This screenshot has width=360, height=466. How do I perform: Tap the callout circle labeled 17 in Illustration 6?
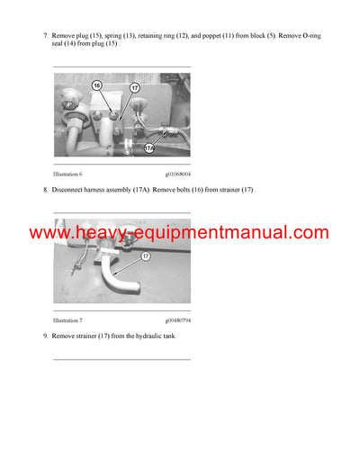click(x=133, y=88)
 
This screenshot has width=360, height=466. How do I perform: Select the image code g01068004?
click(x=178, y=173)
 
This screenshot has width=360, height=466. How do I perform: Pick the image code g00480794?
click(x=178, y=319)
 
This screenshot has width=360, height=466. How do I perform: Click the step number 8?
click(x=45, y=190)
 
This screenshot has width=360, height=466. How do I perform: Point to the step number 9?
click(x=45, y=336)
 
